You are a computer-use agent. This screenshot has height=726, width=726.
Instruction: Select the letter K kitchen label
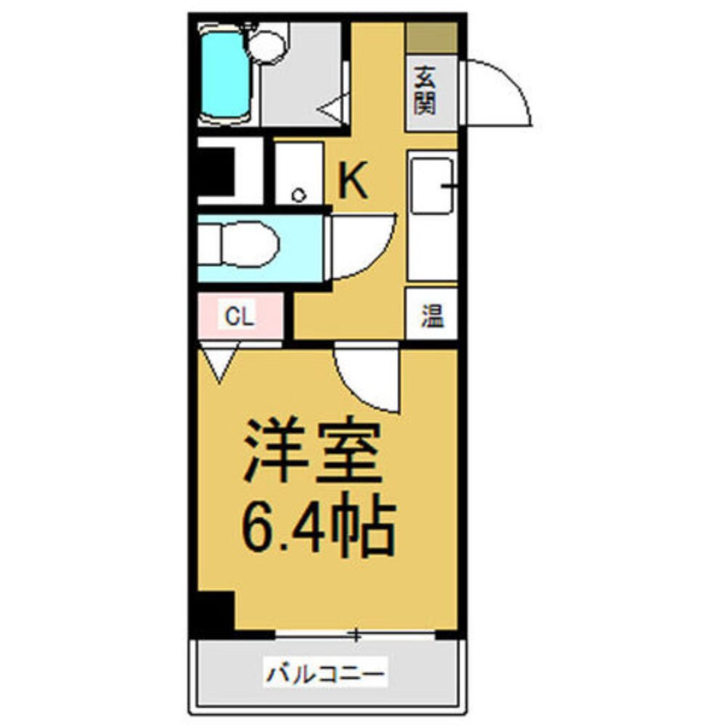click(x=354, y=181)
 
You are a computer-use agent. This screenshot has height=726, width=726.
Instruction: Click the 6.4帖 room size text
click(x=319, y=524)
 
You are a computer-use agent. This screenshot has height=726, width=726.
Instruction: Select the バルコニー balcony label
click(x=325, y=675)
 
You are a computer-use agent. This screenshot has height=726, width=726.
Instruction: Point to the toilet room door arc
click(x=363, y=247)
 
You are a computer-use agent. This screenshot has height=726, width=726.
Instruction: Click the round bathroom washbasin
click(x=266, y=46)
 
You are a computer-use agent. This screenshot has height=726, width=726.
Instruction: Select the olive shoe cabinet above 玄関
click(x=431, y=37)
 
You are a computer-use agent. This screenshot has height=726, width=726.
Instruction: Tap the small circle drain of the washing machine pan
click(x=298, y=195)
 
